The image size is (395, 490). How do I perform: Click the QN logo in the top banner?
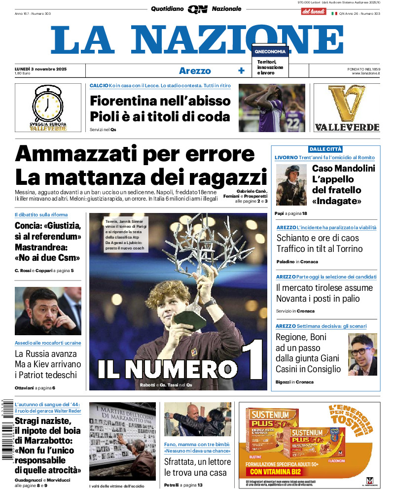click(197, 9)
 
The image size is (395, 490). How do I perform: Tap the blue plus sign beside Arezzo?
click(241, 71)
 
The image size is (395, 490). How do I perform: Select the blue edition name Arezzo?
click(195, 71)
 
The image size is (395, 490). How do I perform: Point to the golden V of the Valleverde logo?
click(347, 104)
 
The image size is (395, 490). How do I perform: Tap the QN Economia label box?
click(270, 51)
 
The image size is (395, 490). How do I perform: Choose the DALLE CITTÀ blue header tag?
click(325, 149)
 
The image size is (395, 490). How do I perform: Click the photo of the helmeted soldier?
click(291, 185)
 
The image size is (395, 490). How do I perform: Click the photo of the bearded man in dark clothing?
click(48, 311)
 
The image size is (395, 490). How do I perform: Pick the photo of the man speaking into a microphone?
click(362, 354)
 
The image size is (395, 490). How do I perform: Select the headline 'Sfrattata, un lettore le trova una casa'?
click(197, 467)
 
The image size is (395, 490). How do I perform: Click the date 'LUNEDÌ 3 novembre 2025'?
click(40, 69)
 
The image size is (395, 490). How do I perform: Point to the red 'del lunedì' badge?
click(314, 11)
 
